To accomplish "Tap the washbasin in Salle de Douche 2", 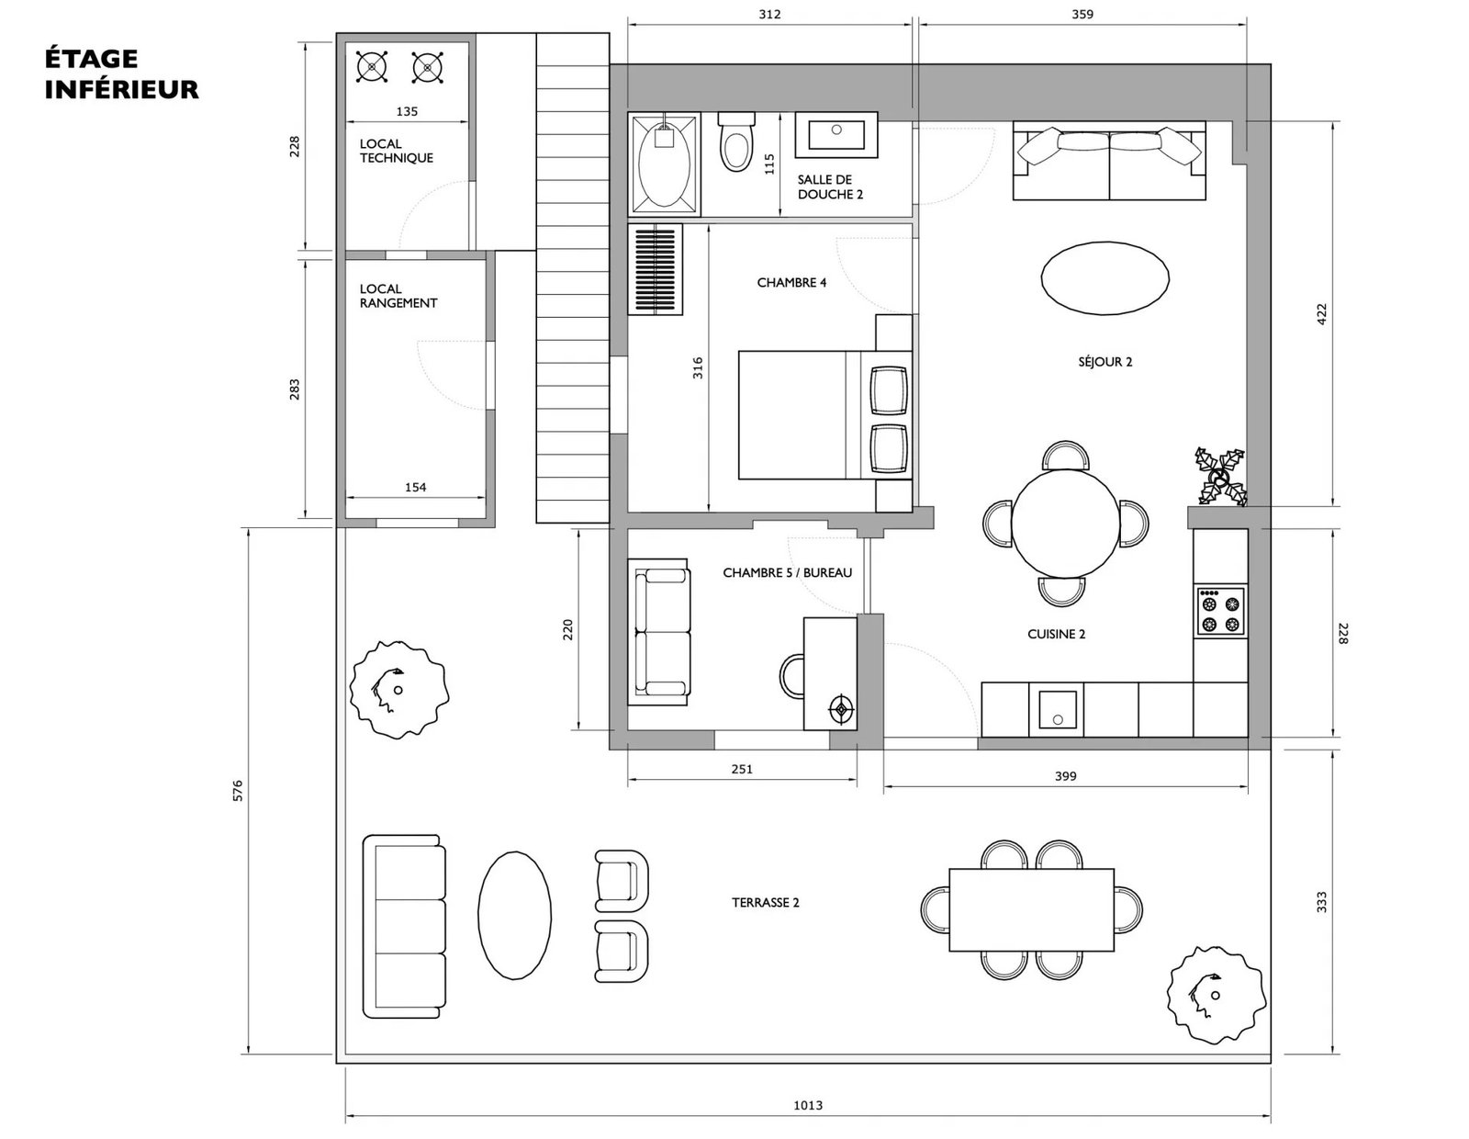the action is tap(836, 135).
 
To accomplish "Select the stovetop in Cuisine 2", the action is tap(1221, 612).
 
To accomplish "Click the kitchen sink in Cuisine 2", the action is tap(1056, 709).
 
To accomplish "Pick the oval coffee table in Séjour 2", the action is tap(1105, 278).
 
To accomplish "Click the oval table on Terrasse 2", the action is tap(514, 915).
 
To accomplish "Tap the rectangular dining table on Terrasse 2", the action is tap(1031, 909).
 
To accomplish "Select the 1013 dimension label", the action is tap(808, 1105).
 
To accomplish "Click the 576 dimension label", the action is tap(237, 791).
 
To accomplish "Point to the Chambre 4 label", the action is tap(791, 283).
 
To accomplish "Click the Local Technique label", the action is tap(396, 151).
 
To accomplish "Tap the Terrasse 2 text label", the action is tap(766, 902).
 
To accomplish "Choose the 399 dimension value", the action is tap(1065, 776).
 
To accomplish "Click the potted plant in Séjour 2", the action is tap(1221, 476).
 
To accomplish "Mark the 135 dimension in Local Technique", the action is tap(407, 111).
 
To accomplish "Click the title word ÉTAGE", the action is tap(91, 58).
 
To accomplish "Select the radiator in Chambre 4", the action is tap(655, 270).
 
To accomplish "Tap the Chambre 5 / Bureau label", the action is tap(788, 573).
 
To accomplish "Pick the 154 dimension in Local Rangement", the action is tap(416, 487).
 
